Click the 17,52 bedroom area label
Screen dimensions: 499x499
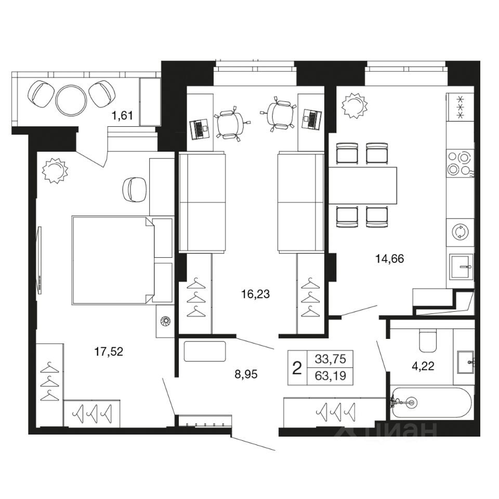coord(109,352)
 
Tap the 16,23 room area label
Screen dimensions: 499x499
coord(255,294)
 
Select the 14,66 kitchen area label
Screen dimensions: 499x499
coord(389,259)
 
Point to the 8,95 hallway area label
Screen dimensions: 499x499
coord(246,374)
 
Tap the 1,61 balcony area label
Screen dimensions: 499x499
coord(122,115)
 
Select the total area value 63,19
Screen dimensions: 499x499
coord(330,376)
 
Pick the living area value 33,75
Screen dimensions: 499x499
coord(330,359)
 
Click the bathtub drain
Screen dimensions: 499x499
coord(411,402)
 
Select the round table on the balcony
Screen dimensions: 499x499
coord(71,100)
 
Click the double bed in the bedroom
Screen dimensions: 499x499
coord(113,260)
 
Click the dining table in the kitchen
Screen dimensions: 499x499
coord(363,186)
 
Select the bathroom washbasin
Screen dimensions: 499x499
coord(466,362)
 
